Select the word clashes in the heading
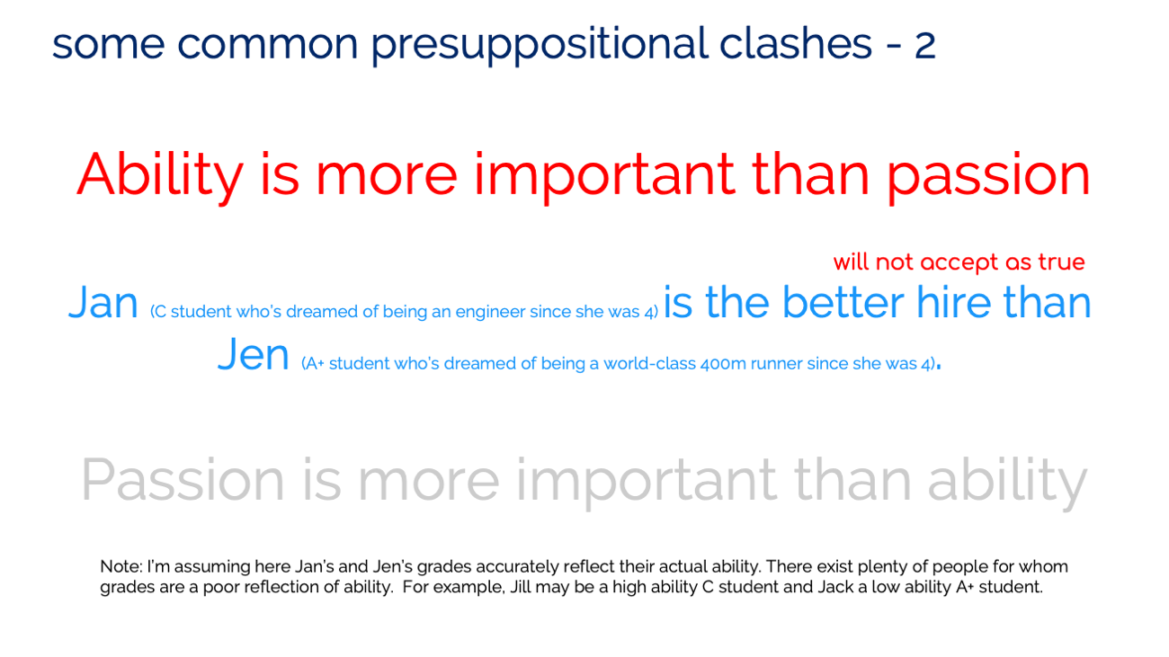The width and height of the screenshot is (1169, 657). click(795, 43)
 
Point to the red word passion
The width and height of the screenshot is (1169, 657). click(988, 176)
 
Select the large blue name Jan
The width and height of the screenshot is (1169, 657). click(103, 302)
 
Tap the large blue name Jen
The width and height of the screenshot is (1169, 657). click(253, 355)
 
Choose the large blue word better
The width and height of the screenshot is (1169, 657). click(843, 302)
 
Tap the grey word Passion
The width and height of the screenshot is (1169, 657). click(183, 481)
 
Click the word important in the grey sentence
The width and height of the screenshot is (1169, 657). click(647, 482)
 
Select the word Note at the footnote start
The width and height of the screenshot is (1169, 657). click(120, 567)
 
